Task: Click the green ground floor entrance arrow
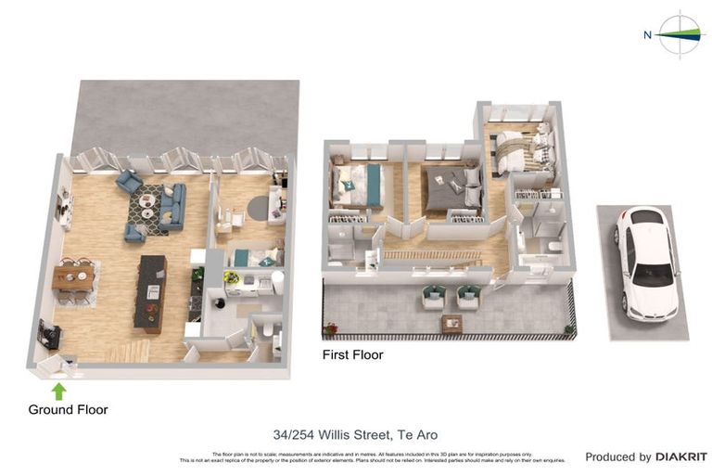[58, 391]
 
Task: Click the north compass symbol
[682, 35]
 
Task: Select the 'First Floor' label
[352, 354]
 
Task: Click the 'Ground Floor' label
[68, 409]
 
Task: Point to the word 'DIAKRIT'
[681, 456]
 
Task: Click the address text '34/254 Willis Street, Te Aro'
[355, 434]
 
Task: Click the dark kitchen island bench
[150, 291]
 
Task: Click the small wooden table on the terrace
[452, 324]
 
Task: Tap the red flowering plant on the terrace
[330, 327]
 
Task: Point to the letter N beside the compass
[647, 35]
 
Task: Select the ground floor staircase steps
[130, 351]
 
